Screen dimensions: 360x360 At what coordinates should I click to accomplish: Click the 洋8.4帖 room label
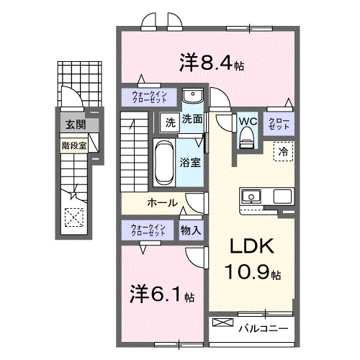coord(210,63)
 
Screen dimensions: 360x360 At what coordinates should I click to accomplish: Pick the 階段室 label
coord(73,144)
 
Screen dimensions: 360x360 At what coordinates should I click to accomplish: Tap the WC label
coord(248,121)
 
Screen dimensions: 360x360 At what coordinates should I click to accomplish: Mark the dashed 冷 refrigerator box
coord(283,151)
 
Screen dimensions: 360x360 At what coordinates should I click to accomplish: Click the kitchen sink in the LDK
coord(252,196)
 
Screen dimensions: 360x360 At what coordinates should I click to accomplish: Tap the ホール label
coord(163,203)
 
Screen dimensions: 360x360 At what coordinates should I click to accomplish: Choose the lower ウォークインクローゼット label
coord(148,230)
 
